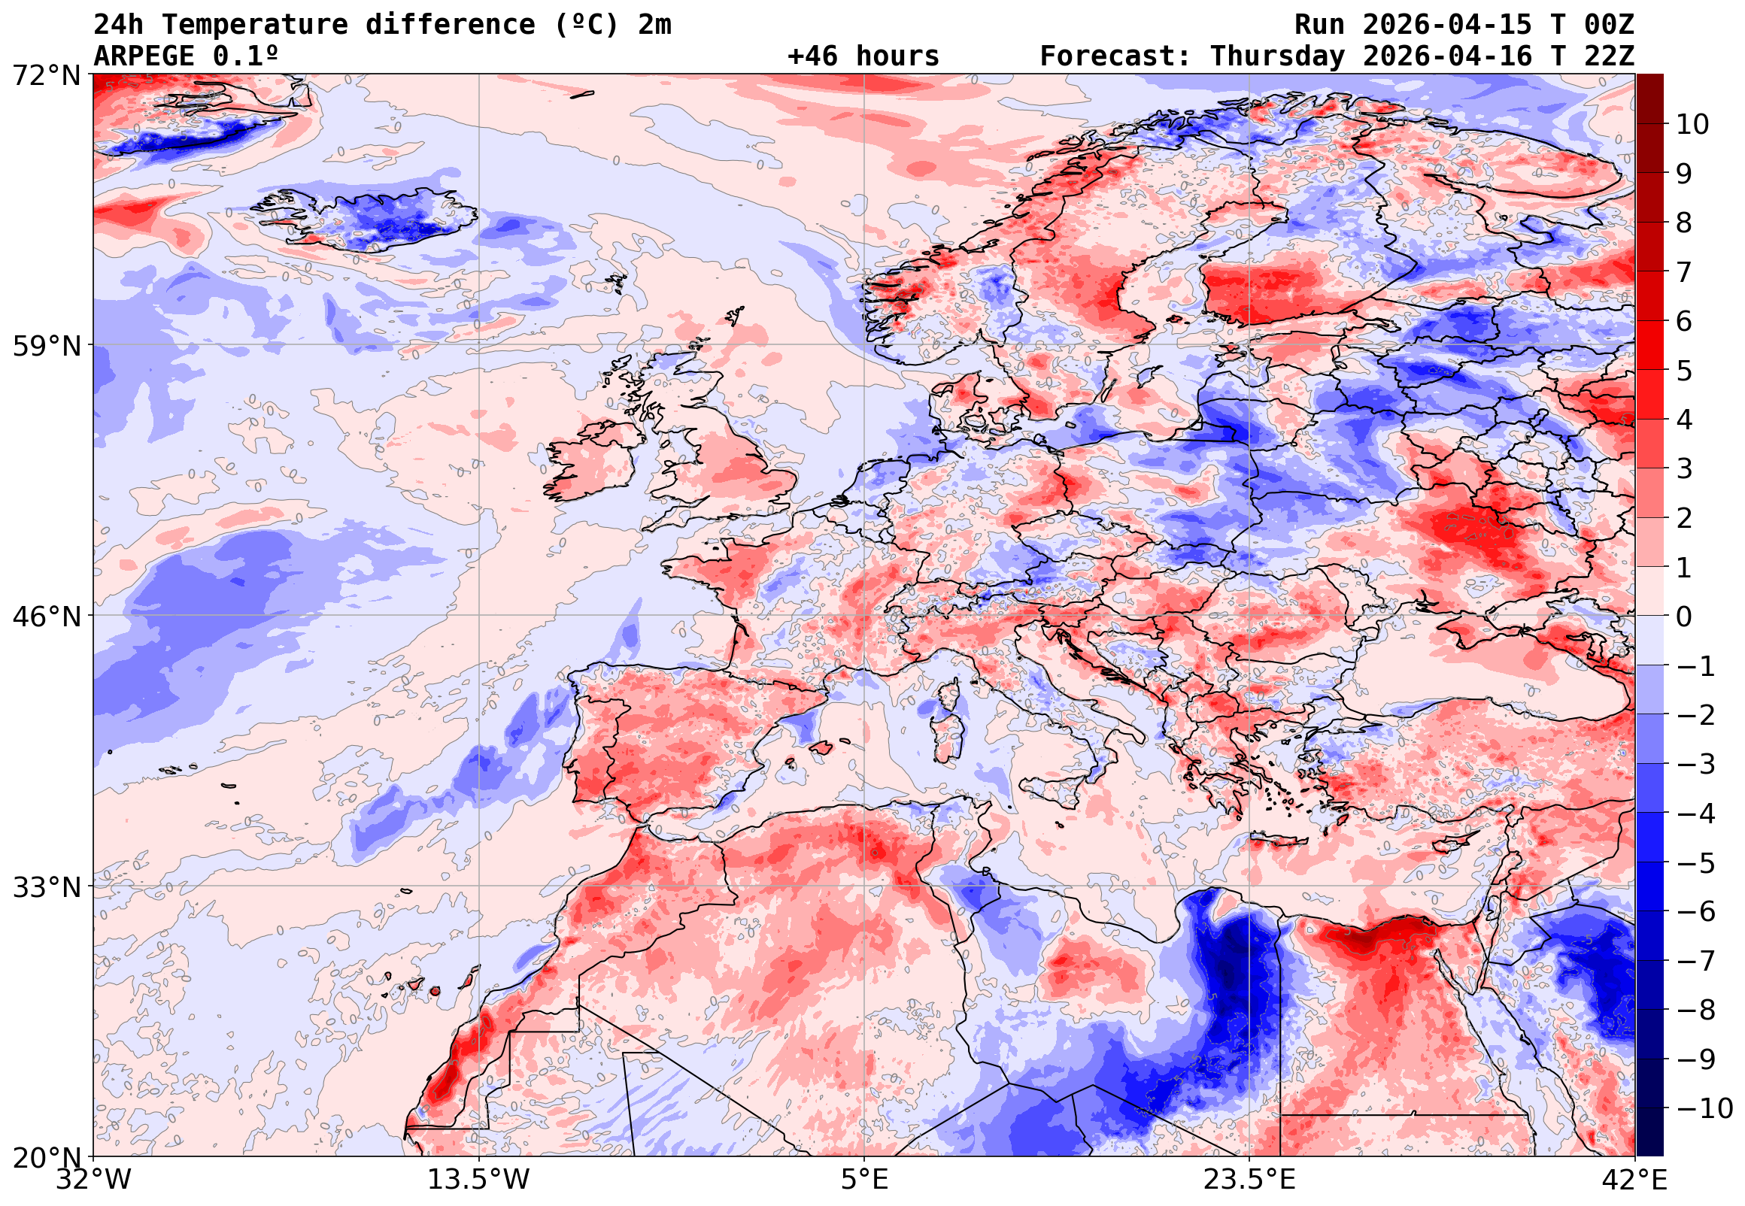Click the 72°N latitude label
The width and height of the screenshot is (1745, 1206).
pyautogui.click(x=46, y=76)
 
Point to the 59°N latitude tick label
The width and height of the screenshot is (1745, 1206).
pyautogui.click(x=46, y=346)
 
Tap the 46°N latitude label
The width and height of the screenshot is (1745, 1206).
pyautogui.click(x=46, y=617)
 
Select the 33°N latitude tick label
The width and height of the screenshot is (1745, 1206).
pyautogui.click(x=46, y=887)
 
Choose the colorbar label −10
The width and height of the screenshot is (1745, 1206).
pyautogui.click(x=1704, y=1108)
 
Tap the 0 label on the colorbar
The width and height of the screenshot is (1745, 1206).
pyautogui.click(x=1684, y=617)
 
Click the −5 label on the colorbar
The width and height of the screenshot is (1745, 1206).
pyautogui.click(x=1696, y=863)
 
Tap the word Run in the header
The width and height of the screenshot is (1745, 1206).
pyautogui.click(x=1319, y=25)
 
